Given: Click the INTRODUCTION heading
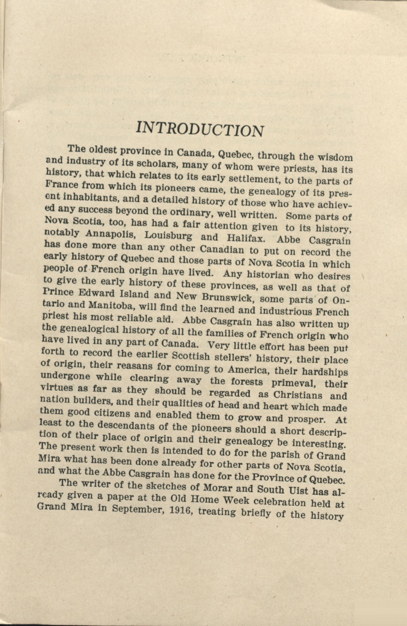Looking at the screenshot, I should [200, 129].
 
